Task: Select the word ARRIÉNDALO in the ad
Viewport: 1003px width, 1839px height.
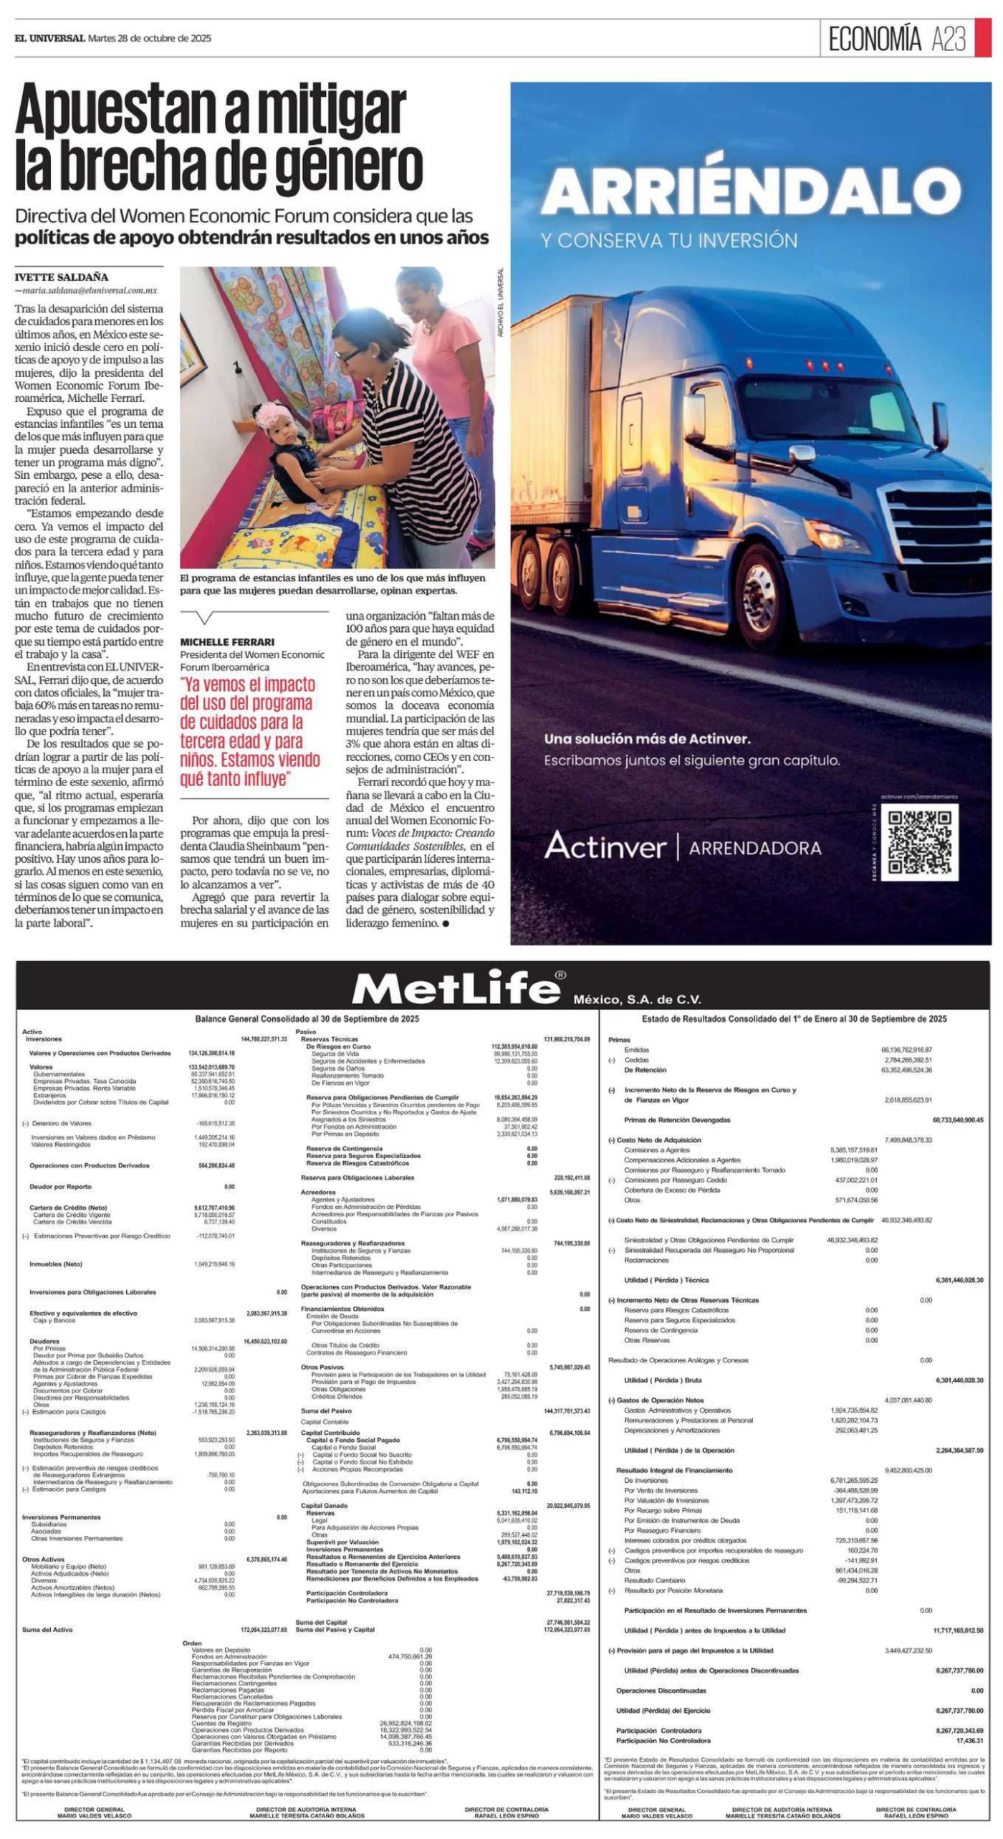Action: pyautogui.click(x=751, y=191)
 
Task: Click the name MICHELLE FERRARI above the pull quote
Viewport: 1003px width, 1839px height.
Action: pyautogui.click(x=227, y=642)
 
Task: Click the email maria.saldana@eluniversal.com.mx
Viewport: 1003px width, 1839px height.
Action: pyautogui.click(x=90, y=291)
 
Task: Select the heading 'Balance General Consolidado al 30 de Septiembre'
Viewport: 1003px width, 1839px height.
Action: pyautogui.click(x=307, y=1018)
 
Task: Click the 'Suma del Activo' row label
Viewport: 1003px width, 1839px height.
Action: pyautogui.click(x=47, y=1630)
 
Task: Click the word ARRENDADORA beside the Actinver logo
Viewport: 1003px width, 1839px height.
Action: pyautogui.click(x=754, y=848)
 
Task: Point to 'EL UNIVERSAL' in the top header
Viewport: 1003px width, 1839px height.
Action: pyautogui.click(x=49, y=38)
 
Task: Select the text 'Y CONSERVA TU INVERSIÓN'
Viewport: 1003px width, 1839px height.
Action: pyautogui.click(x=669, y=240)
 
